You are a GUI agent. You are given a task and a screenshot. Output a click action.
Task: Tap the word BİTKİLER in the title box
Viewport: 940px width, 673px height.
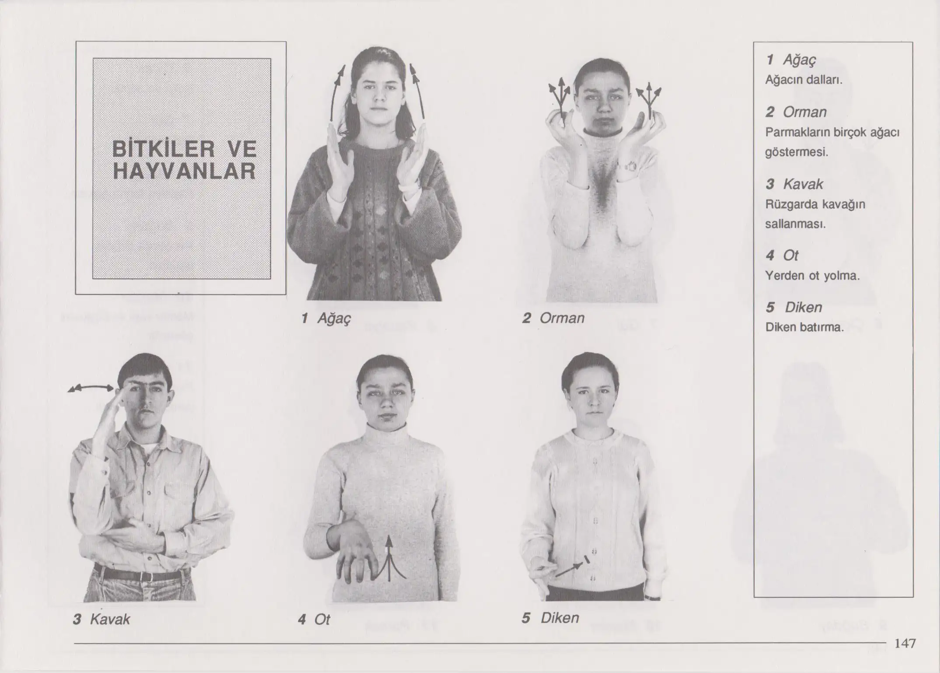click(x=164, y=149)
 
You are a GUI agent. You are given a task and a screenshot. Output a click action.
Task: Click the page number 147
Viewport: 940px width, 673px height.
click(x=905, y=643)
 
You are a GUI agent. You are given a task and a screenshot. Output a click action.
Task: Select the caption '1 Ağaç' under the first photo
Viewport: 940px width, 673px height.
click(x=326, y=318)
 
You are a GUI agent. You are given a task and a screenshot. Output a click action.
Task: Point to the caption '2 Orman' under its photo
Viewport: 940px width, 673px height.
click(x=553, y=318)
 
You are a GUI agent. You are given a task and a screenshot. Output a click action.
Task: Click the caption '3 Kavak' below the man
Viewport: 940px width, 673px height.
click(x=101, y=619)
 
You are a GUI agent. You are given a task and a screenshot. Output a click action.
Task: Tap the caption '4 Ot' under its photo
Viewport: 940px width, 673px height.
click(x=314, y=620)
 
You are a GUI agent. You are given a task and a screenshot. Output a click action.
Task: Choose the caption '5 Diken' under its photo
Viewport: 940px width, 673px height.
click(x=550, y=618)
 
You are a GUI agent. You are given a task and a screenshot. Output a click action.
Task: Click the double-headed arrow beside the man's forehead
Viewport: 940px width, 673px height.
click(x=91, y=388)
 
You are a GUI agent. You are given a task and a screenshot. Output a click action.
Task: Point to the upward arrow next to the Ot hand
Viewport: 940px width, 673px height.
click(x=389, y=560)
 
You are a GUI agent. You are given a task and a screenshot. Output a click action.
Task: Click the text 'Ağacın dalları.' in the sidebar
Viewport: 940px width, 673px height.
click(x=804, y=80)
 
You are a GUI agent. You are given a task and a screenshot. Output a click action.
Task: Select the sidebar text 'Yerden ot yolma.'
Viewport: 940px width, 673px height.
click(x=812, y=276)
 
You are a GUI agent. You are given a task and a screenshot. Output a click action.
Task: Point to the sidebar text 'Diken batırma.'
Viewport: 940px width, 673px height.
click(x=804, y=327)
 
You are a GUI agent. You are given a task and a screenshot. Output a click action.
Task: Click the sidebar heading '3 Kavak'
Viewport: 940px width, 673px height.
click(x=794, y=184)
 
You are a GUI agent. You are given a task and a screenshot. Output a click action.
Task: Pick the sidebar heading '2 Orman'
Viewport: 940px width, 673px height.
click(x=796, y=112)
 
